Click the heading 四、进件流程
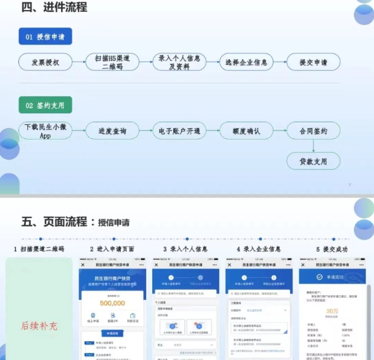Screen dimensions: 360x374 point(54,8)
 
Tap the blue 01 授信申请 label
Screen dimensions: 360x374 point(45,37)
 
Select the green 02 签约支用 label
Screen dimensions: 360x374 point(45,105)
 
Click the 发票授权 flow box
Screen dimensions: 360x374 point(46,62)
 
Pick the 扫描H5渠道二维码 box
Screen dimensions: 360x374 point(112,62)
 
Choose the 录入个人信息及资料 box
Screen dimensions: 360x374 point(179,62)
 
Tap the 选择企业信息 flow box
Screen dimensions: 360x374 point(246,62)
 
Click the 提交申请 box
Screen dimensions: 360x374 point(313,62)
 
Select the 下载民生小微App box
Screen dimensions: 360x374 point(46,131)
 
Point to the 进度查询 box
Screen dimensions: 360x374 point(112,131)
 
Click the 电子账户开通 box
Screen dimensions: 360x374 point(179,131)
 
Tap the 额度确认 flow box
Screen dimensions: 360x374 point(246,131)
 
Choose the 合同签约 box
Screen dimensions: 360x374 point(313,131)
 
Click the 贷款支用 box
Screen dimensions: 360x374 point(313,161)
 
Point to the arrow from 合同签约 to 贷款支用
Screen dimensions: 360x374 point(313,146)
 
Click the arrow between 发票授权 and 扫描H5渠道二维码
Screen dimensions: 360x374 point(79,62)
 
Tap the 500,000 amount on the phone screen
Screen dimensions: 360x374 point(113,303)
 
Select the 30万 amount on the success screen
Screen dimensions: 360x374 point(333,311)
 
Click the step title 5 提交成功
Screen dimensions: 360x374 point(332,249)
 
